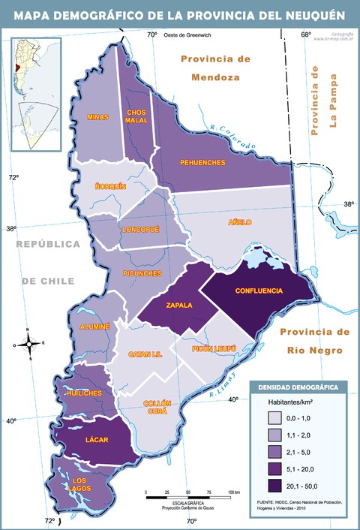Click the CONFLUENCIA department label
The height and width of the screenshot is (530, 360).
point(259,291)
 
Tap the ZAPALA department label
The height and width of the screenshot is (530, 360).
point(180,306)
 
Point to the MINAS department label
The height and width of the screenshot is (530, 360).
point(97,117)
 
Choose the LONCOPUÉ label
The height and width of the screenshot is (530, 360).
point(141,230)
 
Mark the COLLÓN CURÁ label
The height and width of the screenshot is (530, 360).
point(157,407)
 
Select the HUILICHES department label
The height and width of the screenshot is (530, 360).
point(84,393)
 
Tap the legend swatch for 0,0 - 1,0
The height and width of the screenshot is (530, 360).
point(274,417)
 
